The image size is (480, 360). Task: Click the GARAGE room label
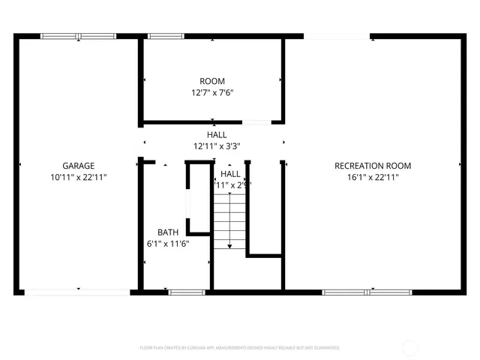pyautogui.click(x=78, y=166)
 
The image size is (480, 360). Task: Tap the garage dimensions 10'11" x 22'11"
pyautogui.click(x=78, y=178)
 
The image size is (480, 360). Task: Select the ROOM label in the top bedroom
pyautogui.click(x=211, y=81)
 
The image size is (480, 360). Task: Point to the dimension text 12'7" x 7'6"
pyautogui.click(x=211, y=93)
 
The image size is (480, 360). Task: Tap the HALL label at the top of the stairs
pyautogui.click(x=230, y=173)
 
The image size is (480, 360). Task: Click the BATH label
pyautogui.click(x=167, y=232)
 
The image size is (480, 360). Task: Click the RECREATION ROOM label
pyautogui.click(x=373, y=166)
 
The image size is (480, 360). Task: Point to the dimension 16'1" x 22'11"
pyautogui.click(x=373, y=178)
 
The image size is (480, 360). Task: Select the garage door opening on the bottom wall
pyautogui.click(x=77, y=291)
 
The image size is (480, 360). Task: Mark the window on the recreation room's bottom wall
pyautogui.click(x=356, y=292)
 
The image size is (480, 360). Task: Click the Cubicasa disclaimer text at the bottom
pyautogui.click(x=240, y=348)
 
